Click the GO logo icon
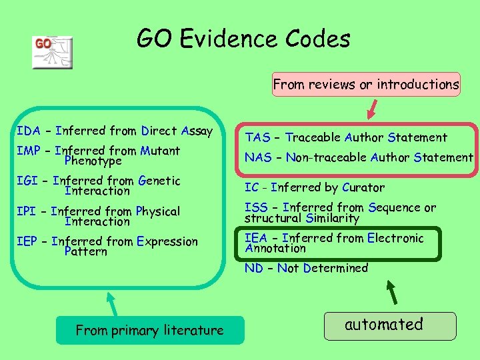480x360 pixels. (52, 52)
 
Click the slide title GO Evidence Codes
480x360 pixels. (243, 39)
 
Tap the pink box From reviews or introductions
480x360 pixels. (365, 85)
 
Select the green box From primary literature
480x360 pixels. (149, 330)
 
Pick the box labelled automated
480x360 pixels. (389, 325)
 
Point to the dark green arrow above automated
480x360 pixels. (393, 292)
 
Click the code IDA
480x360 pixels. (29, 131)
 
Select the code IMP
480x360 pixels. (29, 151)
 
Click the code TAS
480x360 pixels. (257, 138)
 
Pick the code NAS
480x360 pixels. (258, 158)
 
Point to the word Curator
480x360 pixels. (363, 187)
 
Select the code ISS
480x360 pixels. (256, 208)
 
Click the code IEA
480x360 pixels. (257, 238)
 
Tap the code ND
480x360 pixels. (253, 268)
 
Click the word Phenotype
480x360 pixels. (93, 161)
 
